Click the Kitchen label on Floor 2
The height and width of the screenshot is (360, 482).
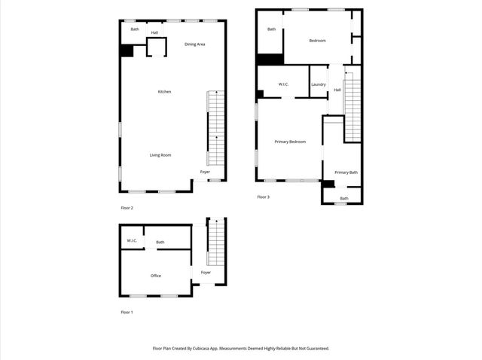tap(164, 92)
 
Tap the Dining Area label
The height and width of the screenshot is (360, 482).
tap(195, 44)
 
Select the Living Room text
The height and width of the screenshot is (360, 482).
tap(160, 155)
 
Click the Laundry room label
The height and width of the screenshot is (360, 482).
tap(319, 84)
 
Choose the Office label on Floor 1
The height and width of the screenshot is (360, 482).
tap(156, 276)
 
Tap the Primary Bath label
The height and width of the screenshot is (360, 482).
tap(346, 172)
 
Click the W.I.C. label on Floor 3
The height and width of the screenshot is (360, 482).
tap(284, 84)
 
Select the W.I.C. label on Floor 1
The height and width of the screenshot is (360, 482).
tap(132, 241)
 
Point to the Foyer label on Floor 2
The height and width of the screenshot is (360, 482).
tap(205, 172)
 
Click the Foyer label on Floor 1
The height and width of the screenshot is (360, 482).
tap(206, 272)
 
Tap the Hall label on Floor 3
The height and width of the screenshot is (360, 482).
tap(337, 90)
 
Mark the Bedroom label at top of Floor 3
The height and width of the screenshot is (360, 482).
tap(317, 41)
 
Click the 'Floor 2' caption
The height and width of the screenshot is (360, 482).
tap(127, 208)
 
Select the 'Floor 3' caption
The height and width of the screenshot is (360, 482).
tap(263, 197)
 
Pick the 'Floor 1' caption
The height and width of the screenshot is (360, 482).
tap(127, 312)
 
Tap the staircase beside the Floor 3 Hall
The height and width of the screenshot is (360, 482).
tap(352, 105)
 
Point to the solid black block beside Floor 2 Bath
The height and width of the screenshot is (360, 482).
tap(127, 50)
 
